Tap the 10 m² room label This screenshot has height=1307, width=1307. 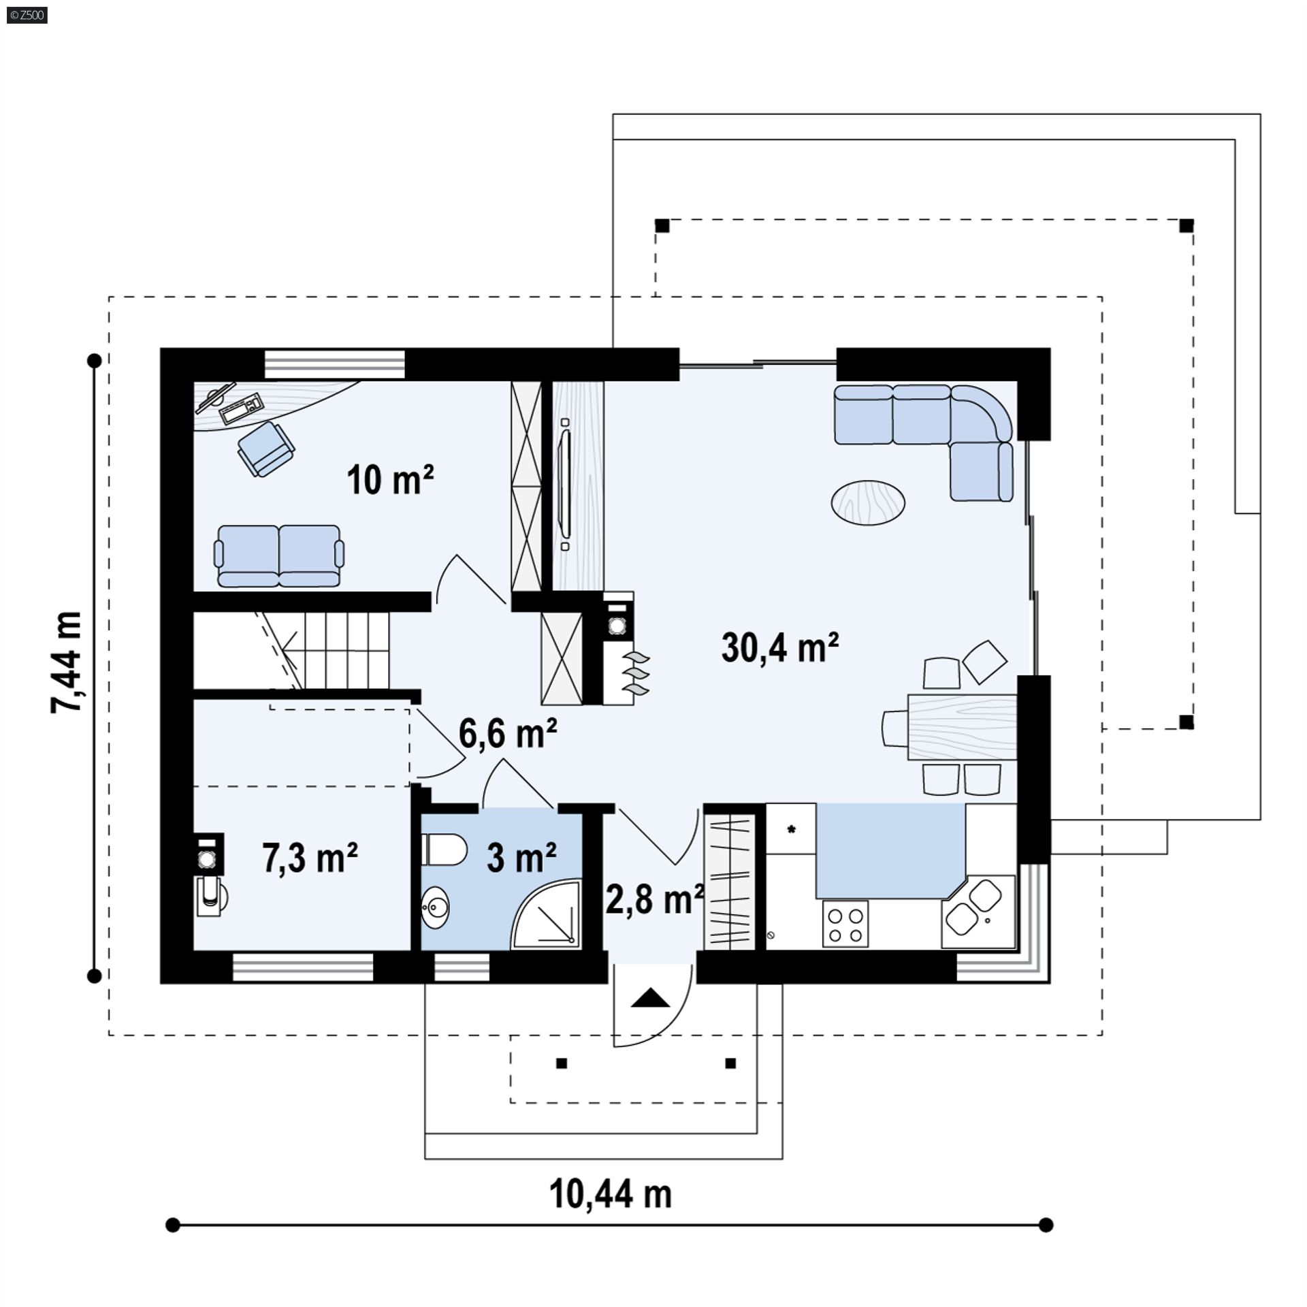390,480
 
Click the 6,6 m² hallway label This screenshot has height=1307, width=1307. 508,733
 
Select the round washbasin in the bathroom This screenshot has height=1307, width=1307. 436,906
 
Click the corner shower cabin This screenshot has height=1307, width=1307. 547,914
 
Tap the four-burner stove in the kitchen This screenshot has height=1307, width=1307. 845,923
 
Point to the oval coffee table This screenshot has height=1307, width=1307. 868,502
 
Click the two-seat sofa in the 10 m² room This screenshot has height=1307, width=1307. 279,555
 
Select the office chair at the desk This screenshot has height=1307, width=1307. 266,448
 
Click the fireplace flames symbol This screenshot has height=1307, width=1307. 638,673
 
